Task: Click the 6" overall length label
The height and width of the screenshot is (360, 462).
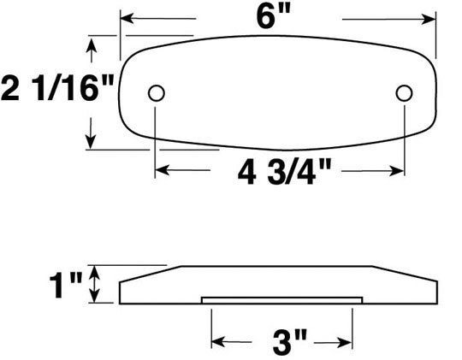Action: point(274,16)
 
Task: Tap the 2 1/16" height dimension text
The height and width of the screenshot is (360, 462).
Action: point(57,88)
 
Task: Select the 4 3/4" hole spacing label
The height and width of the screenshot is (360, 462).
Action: point(284,172)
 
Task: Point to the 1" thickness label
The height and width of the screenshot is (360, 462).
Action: point(66,285)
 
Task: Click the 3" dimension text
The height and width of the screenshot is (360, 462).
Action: point(290,343)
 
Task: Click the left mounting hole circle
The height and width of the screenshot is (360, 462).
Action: point(157,93)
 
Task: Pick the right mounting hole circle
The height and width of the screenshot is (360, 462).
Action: point(404,93)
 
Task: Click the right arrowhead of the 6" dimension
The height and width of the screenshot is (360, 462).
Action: point(429,20)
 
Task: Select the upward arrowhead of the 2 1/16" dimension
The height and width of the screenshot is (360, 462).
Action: point(92,44)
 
